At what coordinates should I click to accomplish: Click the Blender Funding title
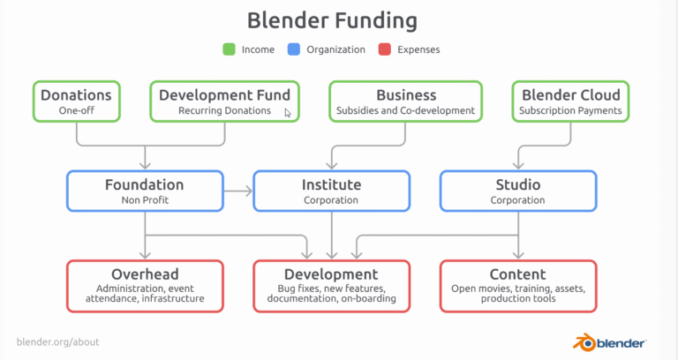coord(332,21)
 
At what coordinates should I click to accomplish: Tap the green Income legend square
coord(229,49)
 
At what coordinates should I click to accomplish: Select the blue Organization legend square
coord(294,49)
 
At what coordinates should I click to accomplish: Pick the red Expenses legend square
coord(384,49)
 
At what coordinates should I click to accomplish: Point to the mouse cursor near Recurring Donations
coord(288,113)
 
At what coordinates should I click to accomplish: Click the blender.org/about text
coord(58,341)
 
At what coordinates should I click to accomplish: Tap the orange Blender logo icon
coord(584,342)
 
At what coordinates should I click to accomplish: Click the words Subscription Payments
coord(570,110)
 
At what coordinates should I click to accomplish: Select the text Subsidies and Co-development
coord(405,110)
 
